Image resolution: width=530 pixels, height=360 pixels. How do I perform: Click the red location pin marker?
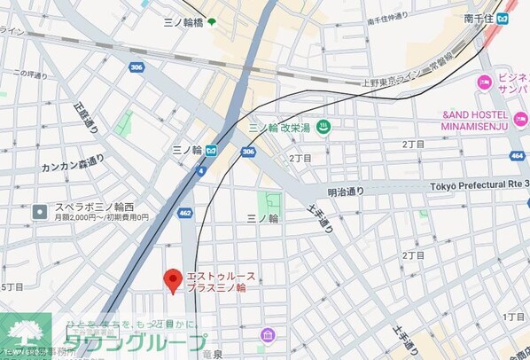click(x=173, y=280)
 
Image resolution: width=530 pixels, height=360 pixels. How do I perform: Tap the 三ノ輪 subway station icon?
click(x=211, y=151)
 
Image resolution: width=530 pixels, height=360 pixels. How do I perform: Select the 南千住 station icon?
click(x=503, y=19)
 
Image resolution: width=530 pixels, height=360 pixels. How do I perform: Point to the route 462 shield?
click(x=185, y=213)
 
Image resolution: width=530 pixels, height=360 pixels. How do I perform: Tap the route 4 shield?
click(x=202, y=171)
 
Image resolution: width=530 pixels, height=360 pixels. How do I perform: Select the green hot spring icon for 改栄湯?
click(x=323, y=127)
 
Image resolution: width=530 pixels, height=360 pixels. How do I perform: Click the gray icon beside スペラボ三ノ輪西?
click(x=40, y=211)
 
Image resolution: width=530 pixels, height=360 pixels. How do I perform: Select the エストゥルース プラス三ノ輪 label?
click(x=219, y=282)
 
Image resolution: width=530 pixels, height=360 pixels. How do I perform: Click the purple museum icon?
click(x=267, y=334)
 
